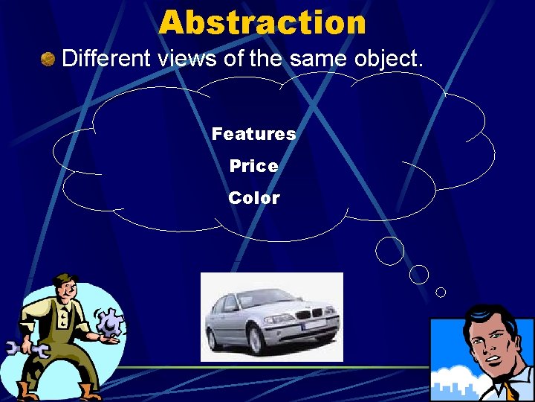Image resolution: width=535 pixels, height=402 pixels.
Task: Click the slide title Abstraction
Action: [x=262, y=22]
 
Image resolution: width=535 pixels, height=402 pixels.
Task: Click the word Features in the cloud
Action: [x=253, y=134]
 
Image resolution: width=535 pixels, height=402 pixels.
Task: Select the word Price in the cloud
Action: [x=253, y=166]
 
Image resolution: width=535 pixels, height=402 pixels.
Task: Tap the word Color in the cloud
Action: [x=253, y=198]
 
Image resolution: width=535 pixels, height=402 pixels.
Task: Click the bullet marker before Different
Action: [x=48, y=59]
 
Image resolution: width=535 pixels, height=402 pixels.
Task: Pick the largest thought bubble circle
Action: [x=389, y=251]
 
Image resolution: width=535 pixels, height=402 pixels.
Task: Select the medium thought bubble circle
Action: [x=419, y=274]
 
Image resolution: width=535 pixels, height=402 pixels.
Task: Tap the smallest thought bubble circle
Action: [x=441, y=292]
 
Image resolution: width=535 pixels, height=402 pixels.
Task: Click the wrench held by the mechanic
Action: [x=25, y=348]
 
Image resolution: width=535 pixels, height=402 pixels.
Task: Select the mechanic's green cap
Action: [x=65, y=280]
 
